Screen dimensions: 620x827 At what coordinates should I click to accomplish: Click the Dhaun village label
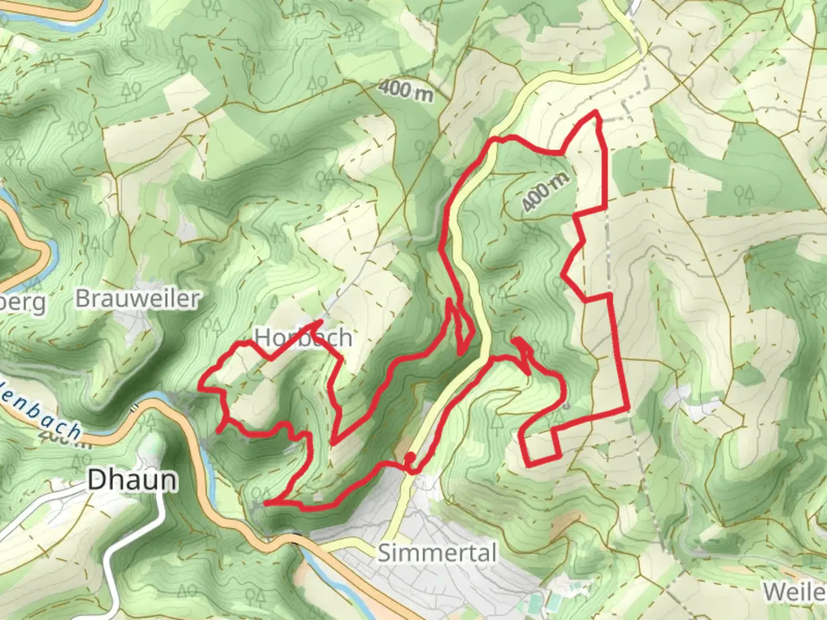click(132, 480)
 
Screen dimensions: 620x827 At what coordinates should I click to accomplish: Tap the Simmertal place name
click(436, 553)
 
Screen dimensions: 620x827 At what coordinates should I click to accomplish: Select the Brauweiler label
click(137, 299)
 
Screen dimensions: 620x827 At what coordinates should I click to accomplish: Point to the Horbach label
click(303, 338)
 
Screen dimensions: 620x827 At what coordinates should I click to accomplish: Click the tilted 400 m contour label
click(546, 192)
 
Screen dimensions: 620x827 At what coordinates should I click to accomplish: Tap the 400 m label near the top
click(405, 90)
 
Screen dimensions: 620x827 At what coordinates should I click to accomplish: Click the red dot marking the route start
click(410, 458)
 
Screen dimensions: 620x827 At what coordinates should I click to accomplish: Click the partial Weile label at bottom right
click(795, 591)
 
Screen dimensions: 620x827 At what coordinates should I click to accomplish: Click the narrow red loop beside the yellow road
click(461, 327)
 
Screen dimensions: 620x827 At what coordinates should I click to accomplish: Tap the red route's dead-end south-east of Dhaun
click(265, 503)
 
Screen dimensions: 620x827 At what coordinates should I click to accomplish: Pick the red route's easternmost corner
click(628, 409)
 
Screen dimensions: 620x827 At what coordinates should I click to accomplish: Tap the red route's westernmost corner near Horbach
click(200, 388)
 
